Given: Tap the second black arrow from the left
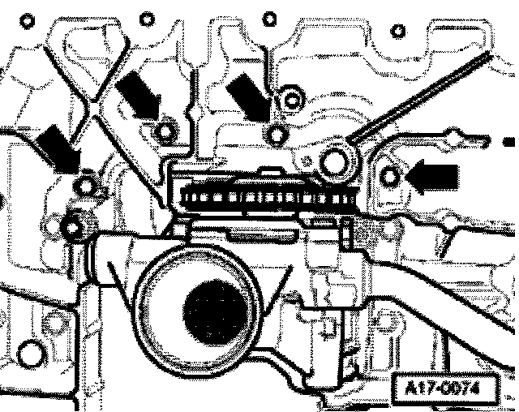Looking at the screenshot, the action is tap(138, 97).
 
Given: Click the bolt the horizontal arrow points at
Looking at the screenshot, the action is tap(392, 176).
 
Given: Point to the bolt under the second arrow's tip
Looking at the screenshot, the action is tap(165, 130).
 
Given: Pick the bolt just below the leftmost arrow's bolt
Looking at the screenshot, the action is tap(77, 225).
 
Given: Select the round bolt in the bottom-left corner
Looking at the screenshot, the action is tap(31, 352).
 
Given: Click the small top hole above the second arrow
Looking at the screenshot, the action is tap(147, 16).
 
